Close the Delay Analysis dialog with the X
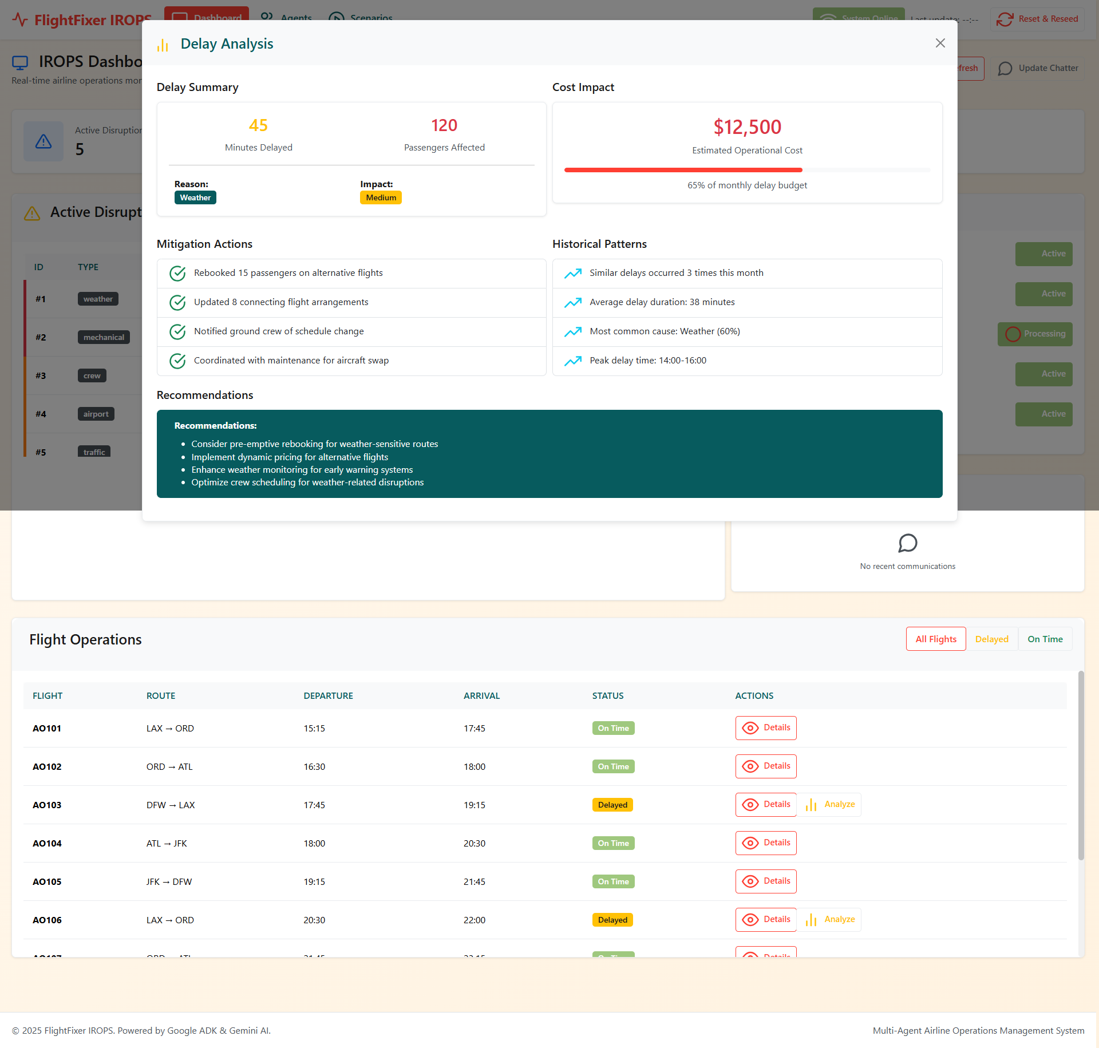(x=940, y=43)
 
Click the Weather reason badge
(x=195, y=197)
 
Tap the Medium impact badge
(x=381, y=197)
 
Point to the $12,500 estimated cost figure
(x=747, y=127)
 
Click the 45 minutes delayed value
(x=258, y=125)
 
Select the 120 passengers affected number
(x=444, y=125)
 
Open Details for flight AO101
(x=766, y=728)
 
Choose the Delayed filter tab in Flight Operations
(x=991, y=639)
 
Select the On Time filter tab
(x=1045, y=639)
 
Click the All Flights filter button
(x=936, y=639)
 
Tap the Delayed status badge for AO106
(x=612, y=920)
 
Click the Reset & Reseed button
(x=1037, y=19)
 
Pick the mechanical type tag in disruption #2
(x=104, y=337)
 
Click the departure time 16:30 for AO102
(x=314, y=766)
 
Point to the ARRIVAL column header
(x=481, y=696)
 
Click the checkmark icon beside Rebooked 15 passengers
(x=177, y=274)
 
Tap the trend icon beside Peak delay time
(x=573, y=361)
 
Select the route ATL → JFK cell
(x=167, y=843)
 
